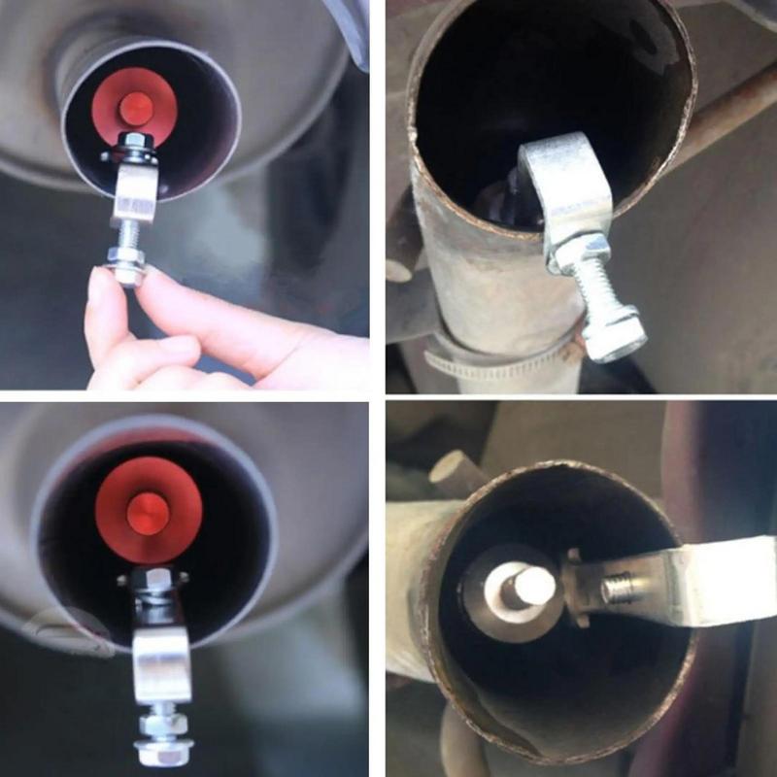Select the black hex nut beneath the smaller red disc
(135, 148)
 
